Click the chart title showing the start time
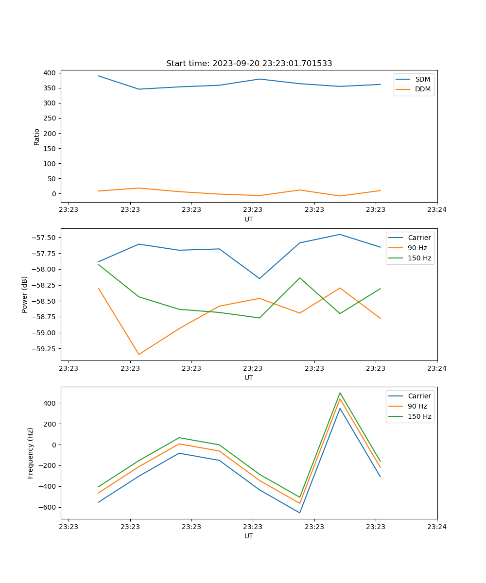click(x=249, y=64)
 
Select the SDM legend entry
click(x=422, y=79)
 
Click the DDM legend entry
click(x=422, y=89)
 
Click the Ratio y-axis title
click(x=37, y=137)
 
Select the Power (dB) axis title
click(x=25, y=294)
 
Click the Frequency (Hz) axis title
click(x=31, y=453)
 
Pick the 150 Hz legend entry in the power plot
click(x=419, y=258)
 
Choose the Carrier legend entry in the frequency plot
click(x=419, y=396)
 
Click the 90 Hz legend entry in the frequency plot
click(x=417, y=406)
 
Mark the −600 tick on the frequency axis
click(x=49, y=507)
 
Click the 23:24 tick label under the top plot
click(x=436, y=210)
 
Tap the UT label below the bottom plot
click(x=249, y=536)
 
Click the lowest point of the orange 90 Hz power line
click(x=139, y=354)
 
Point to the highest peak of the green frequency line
click(x=340, y=393)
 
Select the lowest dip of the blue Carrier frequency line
click(x=299, y=513)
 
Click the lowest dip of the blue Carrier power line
click(x=260, y=278)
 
